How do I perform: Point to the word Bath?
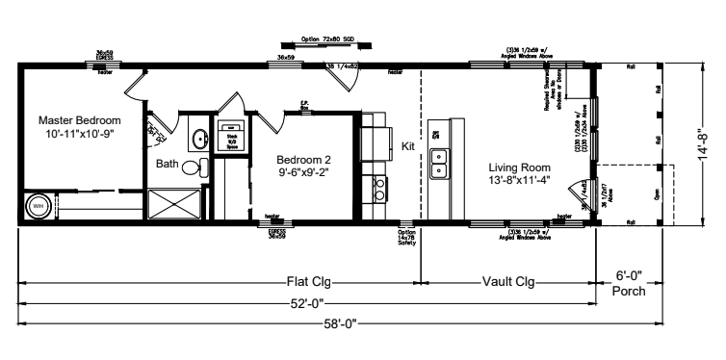[168, 165]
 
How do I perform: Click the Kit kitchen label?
[408, 145]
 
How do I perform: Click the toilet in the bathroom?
[192, 167]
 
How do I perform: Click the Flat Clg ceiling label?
[315, 282]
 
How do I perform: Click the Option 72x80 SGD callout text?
[326, 40]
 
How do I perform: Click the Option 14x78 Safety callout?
[406, 236]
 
